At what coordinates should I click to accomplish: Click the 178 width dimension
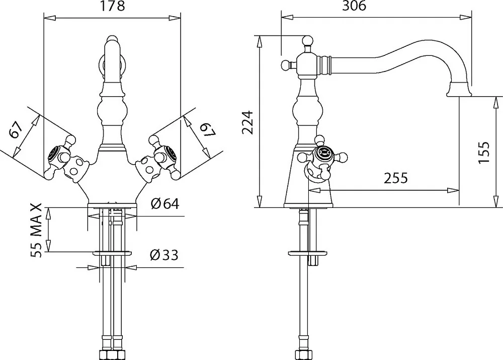click(x=112, y=6)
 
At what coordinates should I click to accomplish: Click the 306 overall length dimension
click(x=354, y=6)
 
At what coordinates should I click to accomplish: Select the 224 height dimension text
click(x=247, y=122)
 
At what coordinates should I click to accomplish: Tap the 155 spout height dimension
click(x=484, y=152)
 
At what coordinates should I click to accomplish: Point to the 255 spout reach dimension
click(x=396, y=178)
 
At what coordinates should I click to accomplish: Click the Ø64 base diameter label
click(x=164, y=203)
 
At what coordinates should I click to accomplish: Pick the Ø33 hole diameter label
click(x=164, y=255)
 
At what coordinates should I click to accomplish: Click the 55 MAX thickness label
click(x=36, y=230)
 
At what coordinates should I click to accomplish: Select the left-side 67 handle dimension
click(x=16, y=130)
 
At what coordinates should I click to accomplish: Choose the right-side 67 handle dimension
click(x=207, y=129)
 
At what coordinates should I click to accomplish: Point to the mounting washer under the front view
click(x=112, y=253)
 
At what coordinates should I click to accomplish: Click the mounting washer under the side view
click(x=307, y=253)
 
